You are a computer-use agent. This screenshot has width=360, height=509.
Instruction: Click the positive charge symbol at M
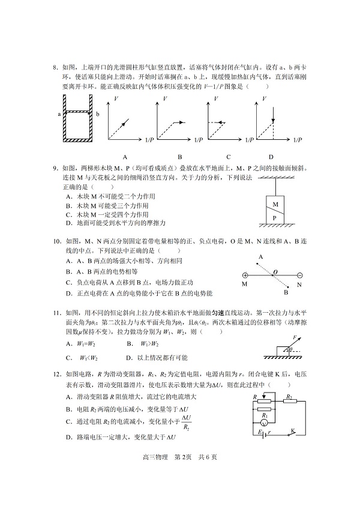[x=245, y=277]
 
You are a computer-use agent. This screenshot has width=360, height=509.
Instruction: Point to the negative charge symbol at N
[x=299, y=277]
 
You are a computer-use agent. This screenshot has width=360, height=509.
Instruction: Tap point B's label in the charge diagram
[x=286, y=292]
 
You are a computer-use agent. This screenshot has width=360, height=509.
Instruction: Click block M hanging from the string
[x=275, y=204]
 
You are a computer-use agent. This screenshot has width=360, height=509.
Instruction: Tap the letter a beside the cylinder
[x=59, y=113]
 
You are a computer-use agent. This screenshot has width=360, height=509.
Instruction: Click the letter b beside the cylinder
[x=97, y=113]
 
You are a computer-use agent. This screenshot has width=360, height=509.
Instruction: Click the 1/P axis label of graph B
[x=199, y=140]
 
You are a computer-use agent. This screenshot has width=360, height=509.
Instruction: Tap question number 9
[x=56, y=169]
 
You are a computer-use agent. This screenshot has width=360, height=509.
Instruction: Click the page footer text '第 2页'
[x=182, y=473]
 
